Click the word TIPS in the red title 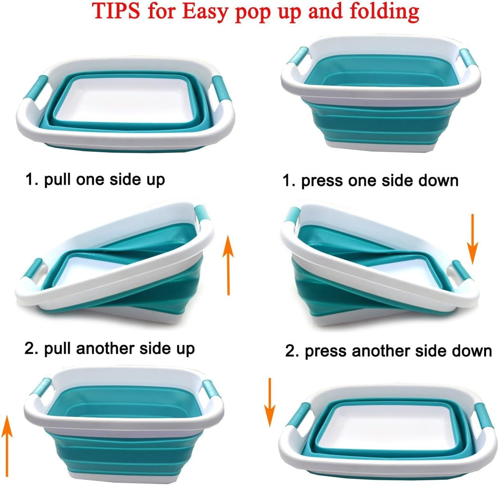click(116, 11)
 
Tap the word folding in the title click(384, 12)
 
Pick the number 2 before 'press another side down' click(291, 351)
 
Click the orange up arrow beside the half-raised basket click(228, 266)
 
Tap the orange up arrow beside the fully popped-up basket click(6, 446)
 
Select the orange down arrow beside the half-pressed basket click(473, 239)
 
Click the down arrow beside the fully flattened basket click(269, 402)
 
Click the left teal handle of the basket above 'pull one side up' click(36, 87)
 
